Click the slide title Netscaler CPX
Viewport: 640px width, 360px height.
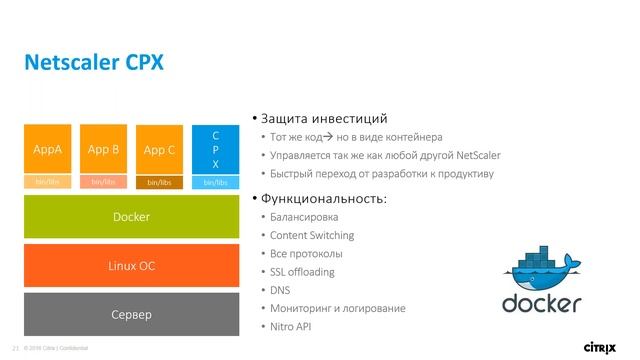(x=93, y=63)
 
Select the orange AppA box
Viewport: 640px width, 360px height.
(x=48, y=150)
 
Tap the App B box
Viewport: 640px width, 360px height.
(x=103, y=150)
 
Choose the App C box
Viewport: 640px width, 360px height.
(x=159, y=150)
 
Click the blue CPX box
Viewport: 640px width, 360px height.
(x=215, y=148)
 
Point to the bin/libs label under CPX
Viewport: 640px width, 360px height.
(x=215, y=183)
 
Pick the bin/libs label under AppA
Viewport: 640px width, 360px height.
(x=48, y=183)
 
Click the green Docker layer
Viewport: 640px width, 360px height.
(x=131, y=216)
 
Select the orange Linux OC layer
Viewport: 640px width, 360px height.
(x=131, y=265)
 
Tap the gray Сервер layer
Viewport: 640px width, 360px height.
(x=131, y=315)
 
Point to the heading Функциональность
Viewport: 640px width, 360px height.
(x=324, y=198)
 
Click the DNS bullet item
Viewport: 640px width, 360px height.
(x=281, y=290)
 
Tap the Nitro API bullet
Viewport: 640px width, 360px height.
(x=291, y=327)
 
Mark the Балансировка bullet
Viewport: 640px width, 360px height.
(x=304, y=217)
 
